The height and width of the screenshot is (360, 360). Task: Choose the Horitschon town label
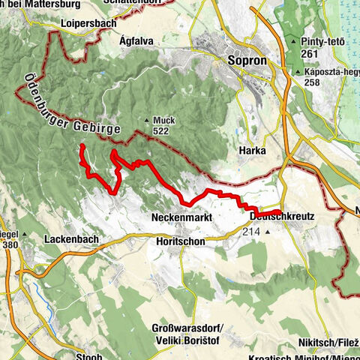point(181,242)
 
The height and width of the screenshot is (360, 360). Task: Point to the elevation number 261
point(309,53)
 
